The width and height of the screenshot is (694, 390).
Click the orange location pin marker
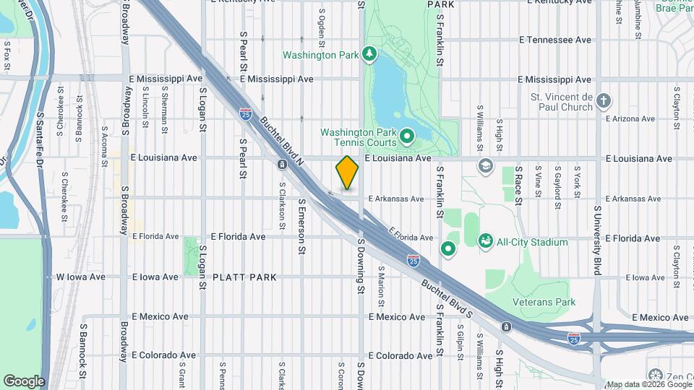pos(348,173)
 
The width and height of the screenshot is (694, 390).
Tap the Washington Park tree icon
pos(369,54)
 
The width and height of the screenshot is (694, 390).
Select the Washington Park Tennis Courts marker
pos(406,135)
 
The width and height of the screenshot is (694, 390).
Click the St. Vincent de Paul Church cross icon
pos(604,101)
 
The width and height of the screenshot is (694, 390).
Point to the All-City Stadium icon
pos(486,242)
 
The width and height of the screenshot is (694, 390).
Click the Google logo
pos(24,381)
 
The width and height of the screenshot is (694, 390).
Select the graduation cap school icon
pos(486,166)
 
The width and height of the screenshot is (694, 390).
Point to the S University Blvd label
pos(597,238)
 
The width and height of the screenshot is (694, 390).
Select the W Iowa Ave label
pos(81,277)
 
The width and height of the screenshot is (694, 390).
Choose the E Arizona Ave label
pos(630,118)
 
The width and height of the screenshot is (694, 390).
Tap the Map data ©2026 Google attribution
pos(648,384)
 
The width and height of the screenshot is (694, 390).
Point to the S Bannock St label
pos(82,359)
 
